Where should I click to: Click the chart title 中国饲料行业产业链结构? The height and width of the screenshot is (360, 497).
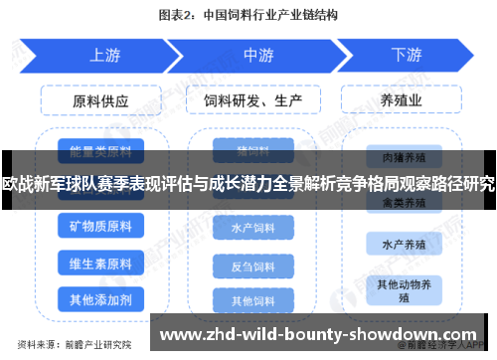(x=248, y=16)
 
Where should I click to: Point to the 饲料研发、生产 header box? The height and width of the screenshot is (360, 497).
(x=253, y=101)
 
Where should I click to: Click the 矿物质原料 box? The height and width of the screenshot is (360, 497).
(x=101, y=228)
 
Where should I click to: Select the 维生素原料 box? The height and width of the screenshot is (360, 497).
(x=101, y=264)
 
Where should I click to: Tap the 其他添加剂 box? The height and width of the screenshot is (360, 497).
(x=101, y=298)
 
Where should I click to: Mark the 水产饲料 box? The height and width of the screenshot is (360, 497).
(x=253, y=229)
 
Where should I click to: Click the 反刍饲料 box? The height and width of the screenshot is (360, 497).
(x=253, y=266)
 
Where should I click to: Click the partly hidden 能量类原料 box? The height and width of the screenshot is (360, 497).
(x=101, y=152)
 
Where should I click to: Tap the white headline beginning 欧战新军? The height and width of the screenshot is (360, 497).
(x=248, y=183)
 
